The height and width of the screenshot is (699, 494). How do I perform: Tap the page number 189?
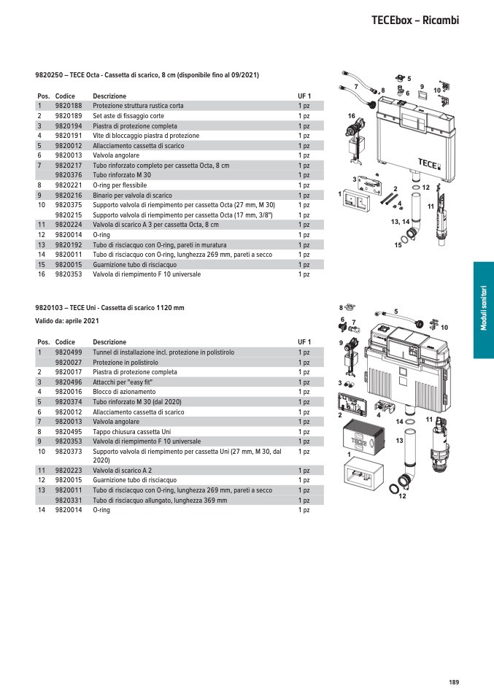pos(454,682)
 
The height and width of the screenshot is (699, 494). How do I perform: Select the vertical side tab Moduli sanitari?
pos(483,309)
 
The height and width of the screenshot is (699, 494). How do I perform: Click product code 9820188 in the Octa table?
pos(68,106)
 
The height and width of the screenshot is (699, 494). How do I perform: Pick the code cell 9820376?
pos(68,175)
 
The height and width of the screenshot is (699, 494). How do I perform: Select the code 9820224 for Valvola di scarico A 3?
pos(68,225)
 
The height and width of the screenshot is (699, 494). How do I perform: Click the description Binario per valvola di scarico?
pos(132,196)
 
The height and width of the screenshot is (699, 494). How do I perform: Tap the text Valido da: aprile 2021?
pos(67,321)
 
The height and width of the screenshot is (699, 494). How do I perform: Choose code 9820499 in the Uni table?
pos(68,352)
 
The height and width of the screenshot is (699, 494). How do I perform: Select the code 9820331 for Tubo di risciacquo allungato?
pos(68,501)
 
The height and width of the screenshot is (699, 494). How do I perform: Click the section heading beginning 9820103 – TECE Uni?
pos(109,307)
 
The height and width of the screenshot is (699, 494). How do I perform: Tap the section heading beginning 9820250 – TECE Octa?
pos(147,75)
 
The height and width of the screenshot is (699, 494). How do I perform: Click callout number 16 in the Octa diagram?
pos(351,117)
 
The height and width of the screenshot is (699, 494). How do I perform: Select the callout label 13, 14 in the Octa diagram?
pos(401,220)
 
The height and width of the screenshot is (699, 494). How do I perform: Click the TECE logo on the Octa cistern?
pos(428,163)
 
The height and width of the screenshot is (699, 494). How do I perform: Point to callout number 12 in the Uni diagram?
pos(402,496)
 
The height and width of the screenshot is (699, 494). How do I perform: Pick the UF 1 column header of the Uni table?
pos(304,342)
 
